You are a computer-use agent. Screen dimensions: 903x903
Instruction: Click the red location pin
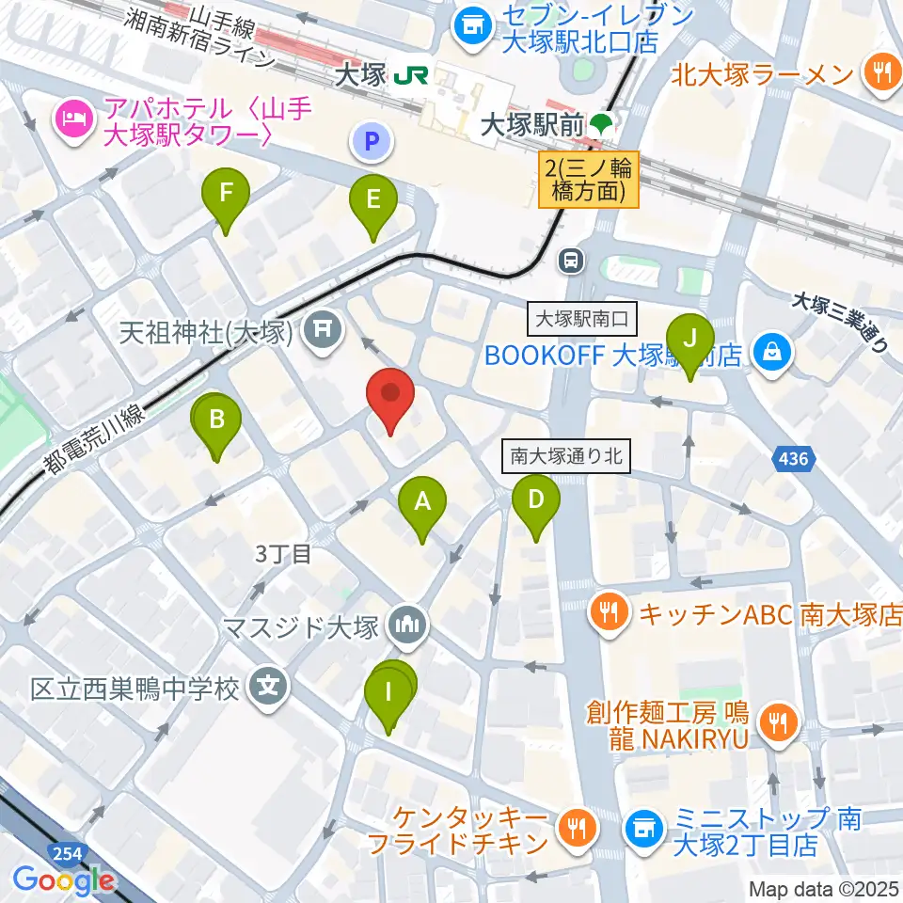tap(390, 399)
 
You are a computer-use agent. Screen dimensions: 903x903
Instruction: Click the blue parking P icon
tap(372, 143)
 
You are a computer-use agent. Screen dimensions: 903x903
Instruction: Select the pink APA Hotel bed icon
tap(72, 119)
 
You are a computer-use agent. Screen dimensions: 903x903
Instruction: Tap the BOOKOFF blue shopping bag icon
tap(771, 354)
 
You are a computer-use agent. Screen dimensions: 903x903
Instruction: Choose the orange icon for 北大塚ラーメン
tap(881, 74)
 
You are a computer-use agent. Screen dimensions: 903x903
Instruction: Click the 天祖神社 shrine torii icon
tap(323, 329)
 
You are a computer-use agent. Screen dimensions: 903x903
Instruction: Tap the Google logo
tap(64, 881)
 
